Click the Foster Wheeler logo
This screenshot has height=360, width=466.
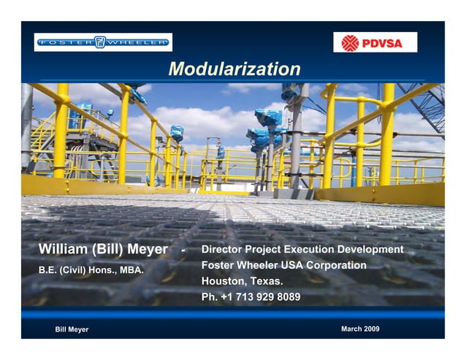[103, 42]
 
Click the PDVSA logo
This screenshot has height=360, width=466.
[375, 43]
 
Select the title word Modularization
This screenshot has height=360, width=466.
[234, 69]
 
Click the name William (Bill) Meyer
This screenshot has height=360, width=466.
[103, 250]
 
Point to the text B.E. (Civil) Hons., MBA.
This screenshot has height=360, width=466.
[91, 269]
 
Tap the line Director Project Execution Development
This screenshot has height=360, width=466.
[302, 250]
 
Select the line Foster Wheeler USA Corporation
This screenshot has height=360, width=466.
[283, 266]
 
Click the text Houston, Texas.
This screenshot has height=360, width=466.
[242, 281]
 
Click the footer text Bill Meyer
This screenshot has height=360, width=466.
[72, 329]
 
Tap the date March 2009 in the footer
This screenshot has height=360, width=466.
[360, 329]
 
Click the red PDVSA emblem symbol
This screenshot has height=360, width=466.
[351, 43]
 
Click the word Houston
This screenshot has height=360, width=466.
[224, 281]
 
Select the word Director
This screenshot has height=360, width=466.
[224, 250]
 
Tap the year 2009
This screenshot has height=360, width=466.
[370, 329]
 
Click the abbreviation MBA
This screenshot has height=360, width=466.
[131, 269]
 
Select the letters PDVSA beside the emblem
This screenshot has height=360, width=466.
[386, 43]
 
